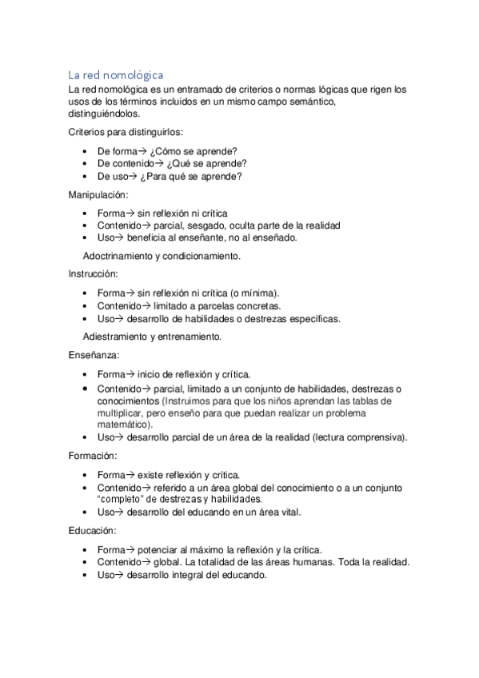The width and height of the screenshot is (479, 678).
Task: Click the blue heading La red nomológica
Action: tap(115, 74)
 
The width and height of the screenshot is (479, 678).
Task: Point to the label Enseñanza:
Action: tap(92, 353)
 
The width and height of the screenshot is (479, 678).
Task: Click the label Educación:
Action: tap(92, 530)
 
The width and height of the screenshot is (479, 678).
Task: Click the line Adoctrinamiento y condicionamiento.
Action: tap(162, 257)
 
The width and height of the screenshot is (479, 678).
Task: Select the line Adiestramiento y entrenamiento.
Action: tap(152, 337)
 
